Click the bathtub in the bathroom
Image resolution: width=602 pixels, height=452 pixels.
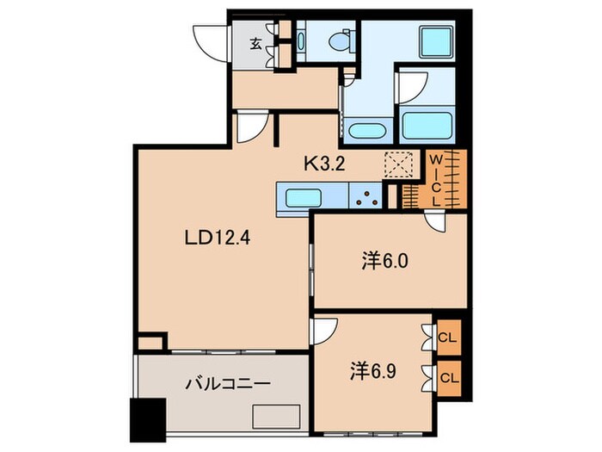click(427, 127)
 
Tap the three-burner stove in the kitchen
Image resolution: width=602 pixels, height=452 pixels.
click(369, 198)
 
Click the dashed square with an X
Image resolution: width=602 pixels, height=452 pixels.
click(398, 164)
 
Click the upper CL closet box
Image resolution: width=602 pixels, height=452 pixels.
click(448, 337)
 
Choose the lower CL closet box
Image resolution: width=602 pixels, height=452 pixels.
click(448, 376)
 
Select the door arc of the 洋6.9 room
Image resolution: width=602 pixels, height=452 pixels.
click(325, 331)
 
